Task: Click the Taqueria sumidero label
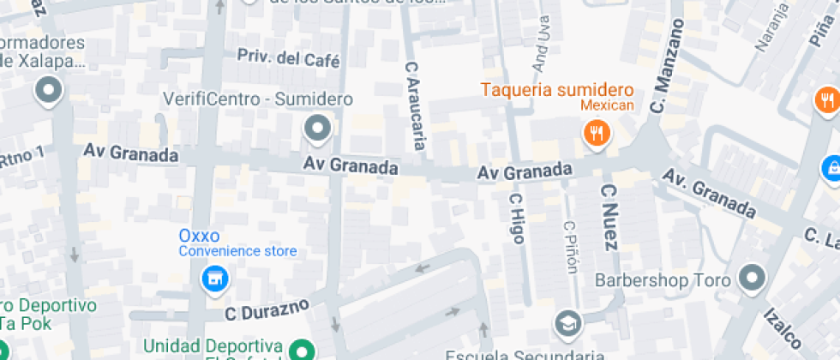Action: (x=556, y=90)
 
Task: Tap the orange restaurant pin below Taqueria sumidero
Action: (x=596, y=132)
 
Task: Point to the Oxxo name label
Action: (x=199, y=235)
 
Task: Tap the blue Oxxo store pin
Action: (x=213, y=278)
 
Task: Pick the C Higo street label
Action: (x=516, y=218)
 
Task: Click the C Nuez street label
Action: (x=609, y=217)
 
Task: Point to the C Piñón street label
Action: (x=570, y=248)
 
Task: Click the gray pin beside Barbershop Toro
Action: (x=753, y=278)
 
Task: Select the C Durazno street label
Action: (x=266, y=310)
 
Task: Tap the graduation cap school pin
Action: (x=568, y=322)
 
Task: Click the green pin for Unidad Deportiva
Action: (x=300, y=350)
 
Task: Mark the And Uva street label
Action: (x=542, y=43)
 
